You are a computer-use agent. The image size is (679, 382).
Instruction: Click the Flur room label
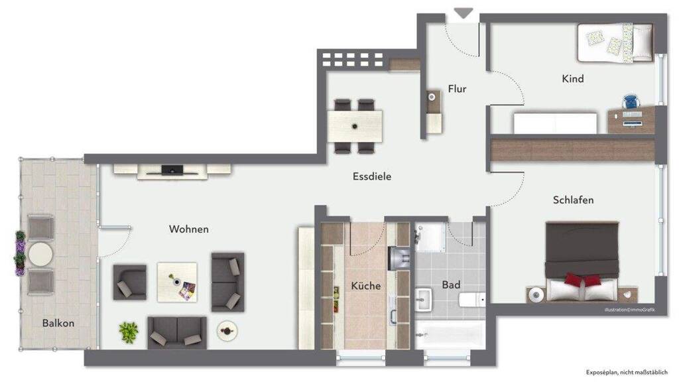(x=457, y=89)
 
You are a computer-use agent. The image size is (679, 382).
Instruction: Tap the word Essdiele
(x=372, y=176)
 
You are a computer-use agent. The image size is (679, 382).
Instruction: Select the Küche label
(x=366, y=285)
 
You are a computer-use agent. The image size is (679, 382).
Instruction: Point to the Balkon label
(x=58, y=323)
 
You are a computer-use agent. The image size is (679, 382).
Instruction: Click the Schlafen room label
(x=573, y=200)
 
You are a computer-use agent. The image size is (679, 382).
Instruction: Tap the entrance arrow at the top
(x=463, y=13)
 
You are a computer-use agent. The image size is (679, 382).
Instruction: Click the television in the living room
(x=172, y=170)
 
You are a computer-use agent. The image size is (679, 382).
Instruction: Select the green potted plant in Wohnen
(x=129, y=332)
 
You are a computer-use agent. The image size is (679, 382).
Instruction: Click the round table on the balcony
(x=40, y=255)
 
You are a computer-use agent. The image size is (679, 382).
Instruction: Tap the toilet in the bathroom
(x=472, y=299)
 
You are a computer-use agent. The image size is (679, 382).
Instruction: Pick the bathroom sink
(x=423, y=300)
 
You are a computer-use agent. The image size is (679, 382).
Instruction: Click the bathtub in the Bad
(x=450, y=334)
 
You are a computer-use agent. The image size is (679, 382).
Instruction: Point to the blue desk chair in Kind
(x=631, y=101)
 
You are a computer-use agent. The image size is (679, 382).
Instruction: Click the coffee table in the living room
(x=176, y=282)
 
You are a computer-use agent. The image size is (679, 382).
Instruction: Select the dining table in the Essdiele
(x=355, y=126)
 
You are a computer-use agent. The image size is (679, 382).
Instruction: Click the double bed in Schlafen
(x=582, y=261)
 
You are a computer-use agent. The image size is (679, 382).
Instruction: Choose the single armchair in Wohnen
(x=129, y=283)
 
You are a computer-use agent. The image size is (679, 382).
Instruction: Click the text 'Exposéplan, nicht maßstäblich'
(x=627, y=372)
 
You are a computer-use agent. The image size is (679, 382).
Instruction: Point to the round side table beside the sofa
(x=227, y=331)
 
